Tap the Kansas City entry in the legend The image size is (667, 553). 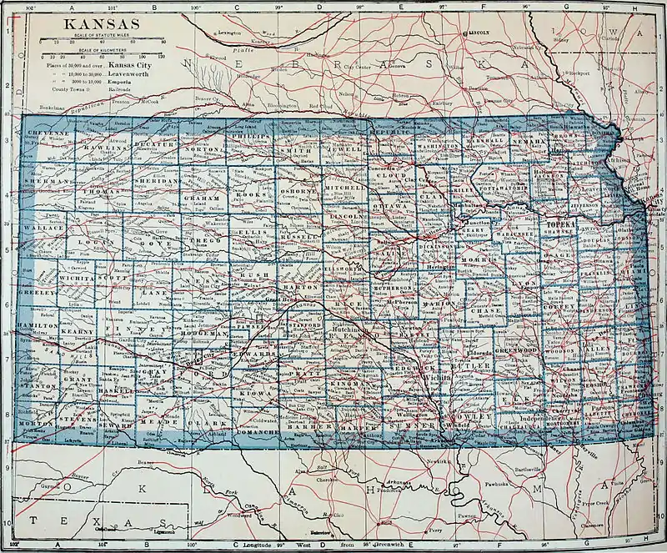pyautogui.click(x=131, y=64)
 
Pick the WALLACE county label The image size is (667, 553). pyautogui.click(x=43, y=227)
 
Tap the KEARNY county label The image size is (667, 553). pyautogui.click(x=78, y=332)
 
